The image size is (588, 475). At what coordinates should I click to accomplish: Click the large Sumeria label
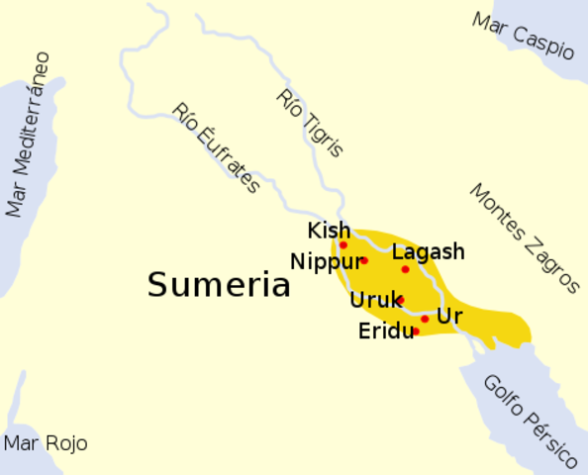point(219,285)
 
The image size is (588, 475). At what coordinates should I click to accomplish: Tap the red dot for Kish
point(343,244)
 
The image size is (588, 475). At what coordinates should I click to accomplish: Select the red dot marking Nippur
point(363,260)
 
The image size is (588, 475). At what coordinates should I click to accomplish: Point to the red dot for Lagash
point(405,269)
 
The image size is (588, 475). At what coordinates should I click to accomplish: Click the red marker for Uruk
point(400,300)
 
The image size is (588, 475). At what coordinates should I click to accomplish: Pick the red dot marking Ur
point(425,319)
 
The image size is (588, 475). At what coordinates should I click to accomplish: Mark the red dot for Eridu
point(416,332)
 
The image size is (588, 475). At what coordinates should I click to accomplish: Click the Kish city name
point(329,231)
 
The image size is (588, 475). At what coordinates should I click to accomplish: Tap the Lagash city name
point(428,252)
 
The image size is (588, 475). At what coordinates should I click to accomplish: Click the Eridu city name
point(385,332)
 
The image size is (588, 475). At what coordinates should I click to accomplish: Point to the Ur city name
point(448,317)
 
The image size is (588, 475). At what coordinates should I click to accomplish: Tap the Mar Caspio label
point(524,36)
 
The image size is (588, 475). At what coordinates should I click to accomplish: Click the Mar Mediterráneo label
point(29,135)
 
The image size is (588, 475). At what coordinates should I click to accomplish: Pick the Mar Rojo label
point(47,443)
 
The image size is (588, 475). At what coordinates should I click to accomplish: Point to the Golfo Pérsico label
point(530,421)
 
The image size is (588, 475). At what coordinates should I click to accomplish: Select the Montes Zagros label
point(524,238)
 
